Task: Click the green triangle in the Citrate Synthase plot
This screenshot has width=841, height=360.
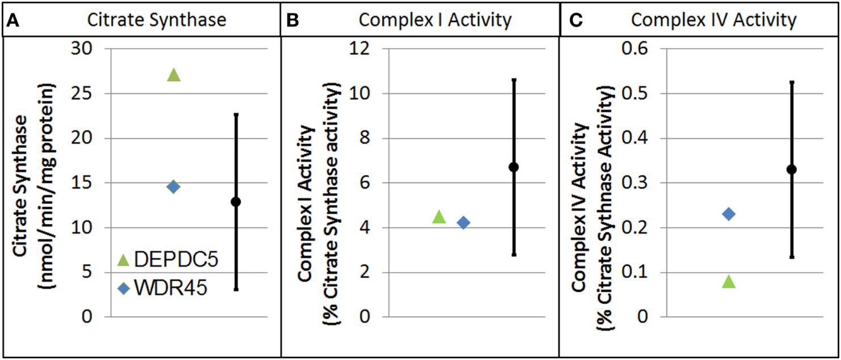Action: [x=174, y=75]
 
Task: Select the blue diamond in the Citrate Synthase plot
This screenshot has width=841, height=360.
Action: [x=174, y=187]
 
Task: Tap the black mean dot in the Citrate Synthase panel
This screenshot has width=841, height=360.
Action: [x=236, y=201]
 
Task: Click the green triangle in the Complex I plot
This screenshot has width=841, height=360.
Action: [x=439, y=217]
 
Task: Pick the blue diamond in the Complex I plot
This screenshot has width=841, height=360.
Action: [x=463, y=222]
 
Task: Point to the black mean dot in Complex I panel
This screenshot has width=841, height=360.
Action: [x=514, y=167]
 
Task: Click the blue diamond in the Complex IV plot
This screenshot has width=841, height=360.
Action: [x=729, y=214]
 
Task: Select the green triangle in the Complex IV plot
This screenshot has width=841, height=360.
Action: [x=729, y=282]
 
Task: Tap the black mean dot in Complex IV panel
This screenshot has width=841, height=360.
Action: [x=792, y=169]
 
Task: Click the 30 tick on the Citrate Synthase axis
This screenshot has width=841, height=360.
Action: [x=83, y=49]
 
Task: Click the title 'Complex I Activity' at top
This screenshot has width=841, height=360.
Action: [x=436, y=20]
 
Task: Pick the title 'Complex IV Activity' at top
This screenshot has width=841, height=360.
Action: [x=713, y=20]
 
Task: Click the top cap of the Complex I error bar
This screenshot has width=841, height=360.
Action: [x=514, y=79]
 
